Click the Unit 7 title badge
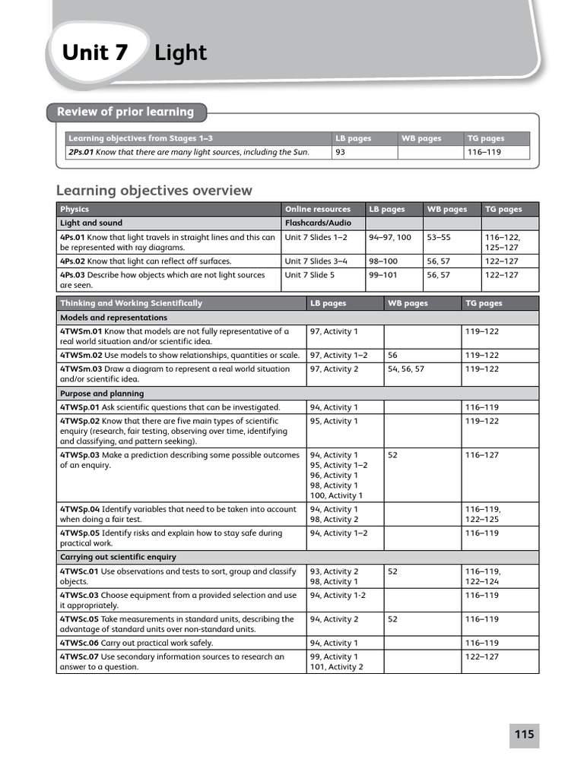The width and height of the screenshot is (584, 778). [x=95, y=53]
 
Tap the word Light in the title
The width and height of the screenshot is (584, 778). [x=180, y=53]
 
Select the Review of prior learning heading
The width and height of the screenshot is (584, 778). [x=125, y=112]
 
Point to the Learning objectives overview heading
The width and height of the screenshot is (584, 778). [x=154, y=190]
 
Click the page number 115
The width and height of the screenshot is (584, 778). [x=524, y=735]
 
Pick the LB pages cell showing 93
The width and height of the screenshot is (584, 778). [x=341, y=152]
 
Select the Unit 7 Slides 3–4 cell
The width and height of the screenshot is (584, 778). [x=316, y=261]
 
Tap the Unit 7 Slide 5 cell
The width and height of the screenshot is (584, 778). [x=309, y=275]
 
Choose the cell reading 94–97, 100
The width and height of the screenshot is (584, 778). [x=389, y=237]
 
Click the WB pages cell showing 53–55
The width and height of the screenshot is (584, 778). [x=438, y=237]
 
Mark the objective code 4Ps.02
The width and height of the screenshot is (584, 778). [x=73, y=261]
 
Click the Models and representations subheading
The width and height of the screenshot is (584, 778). [x=113, y=318]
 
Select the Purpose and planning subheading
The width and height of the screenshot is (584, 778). [x=101, y=394]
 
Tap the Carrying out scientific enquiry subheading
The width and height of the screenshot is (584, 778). [x=118, y=557]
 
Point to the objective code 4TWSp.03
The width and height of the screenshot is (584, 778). [x=80, y=455]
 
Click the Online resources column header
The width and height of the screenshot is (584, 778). [x=318, y=209]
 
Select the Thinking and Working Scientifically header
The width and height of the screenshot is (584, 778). [x=131, y=303]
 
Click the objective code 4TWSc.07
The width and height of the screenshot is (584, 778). [x=79, y=656]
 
